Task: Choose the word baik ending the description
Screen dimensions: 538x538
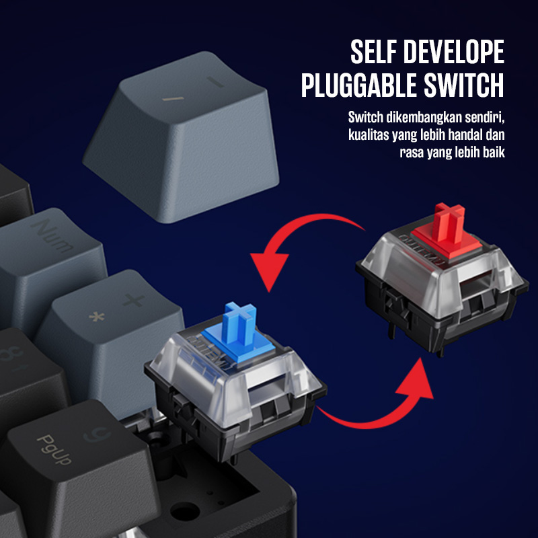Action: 491,153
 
